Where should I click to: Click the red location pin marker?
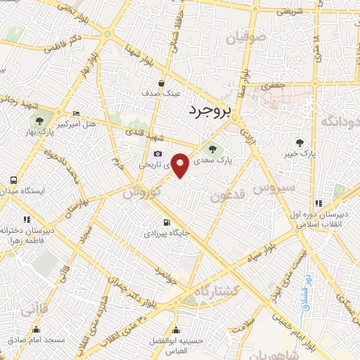click(181, 165)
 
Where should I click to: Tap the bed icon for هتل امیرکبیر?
click(77, 114)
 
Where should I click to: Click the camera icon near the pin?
click(157, 155)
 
